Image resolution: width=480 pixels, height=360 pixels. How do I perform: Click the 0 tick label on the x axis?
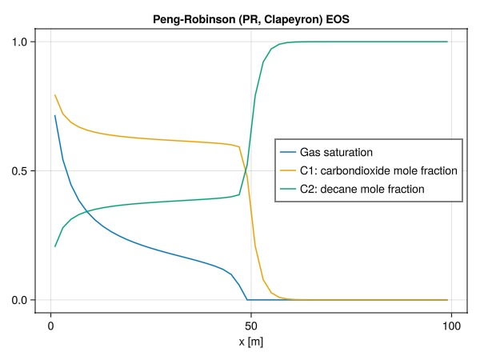(x=51, y=326)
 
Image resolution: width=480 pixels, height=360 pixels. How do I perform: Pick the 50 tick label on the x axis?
(x=251, y=326)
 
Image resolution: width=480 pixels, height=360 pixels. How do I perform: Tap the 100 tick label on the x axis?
(x=451, y=326)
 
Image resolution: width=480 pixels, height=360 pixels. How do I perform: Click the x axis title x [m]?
(x=251, y=342)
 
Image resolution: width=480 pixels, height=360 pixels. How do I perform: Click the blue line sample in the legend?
(x=287, y=151)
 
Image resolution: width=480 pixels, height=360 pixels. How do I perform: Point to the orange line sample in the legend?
(x=287, y=170)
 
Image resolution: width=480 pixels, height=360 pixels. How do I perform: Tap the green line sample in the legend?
(x=287, y=190)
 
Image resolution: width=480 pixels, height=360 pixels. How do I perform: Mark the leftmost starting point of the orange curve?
(x=55, y=95)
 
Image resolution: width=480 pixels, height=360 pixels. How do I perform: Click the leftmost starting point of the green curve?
(x=55, y=246)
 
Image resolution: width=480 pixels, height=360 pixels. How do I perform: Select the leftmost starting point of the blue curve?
(x=55, y=116)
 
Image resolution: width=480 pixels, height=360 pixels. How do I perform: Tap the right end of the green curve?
(x=447, y=42)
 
